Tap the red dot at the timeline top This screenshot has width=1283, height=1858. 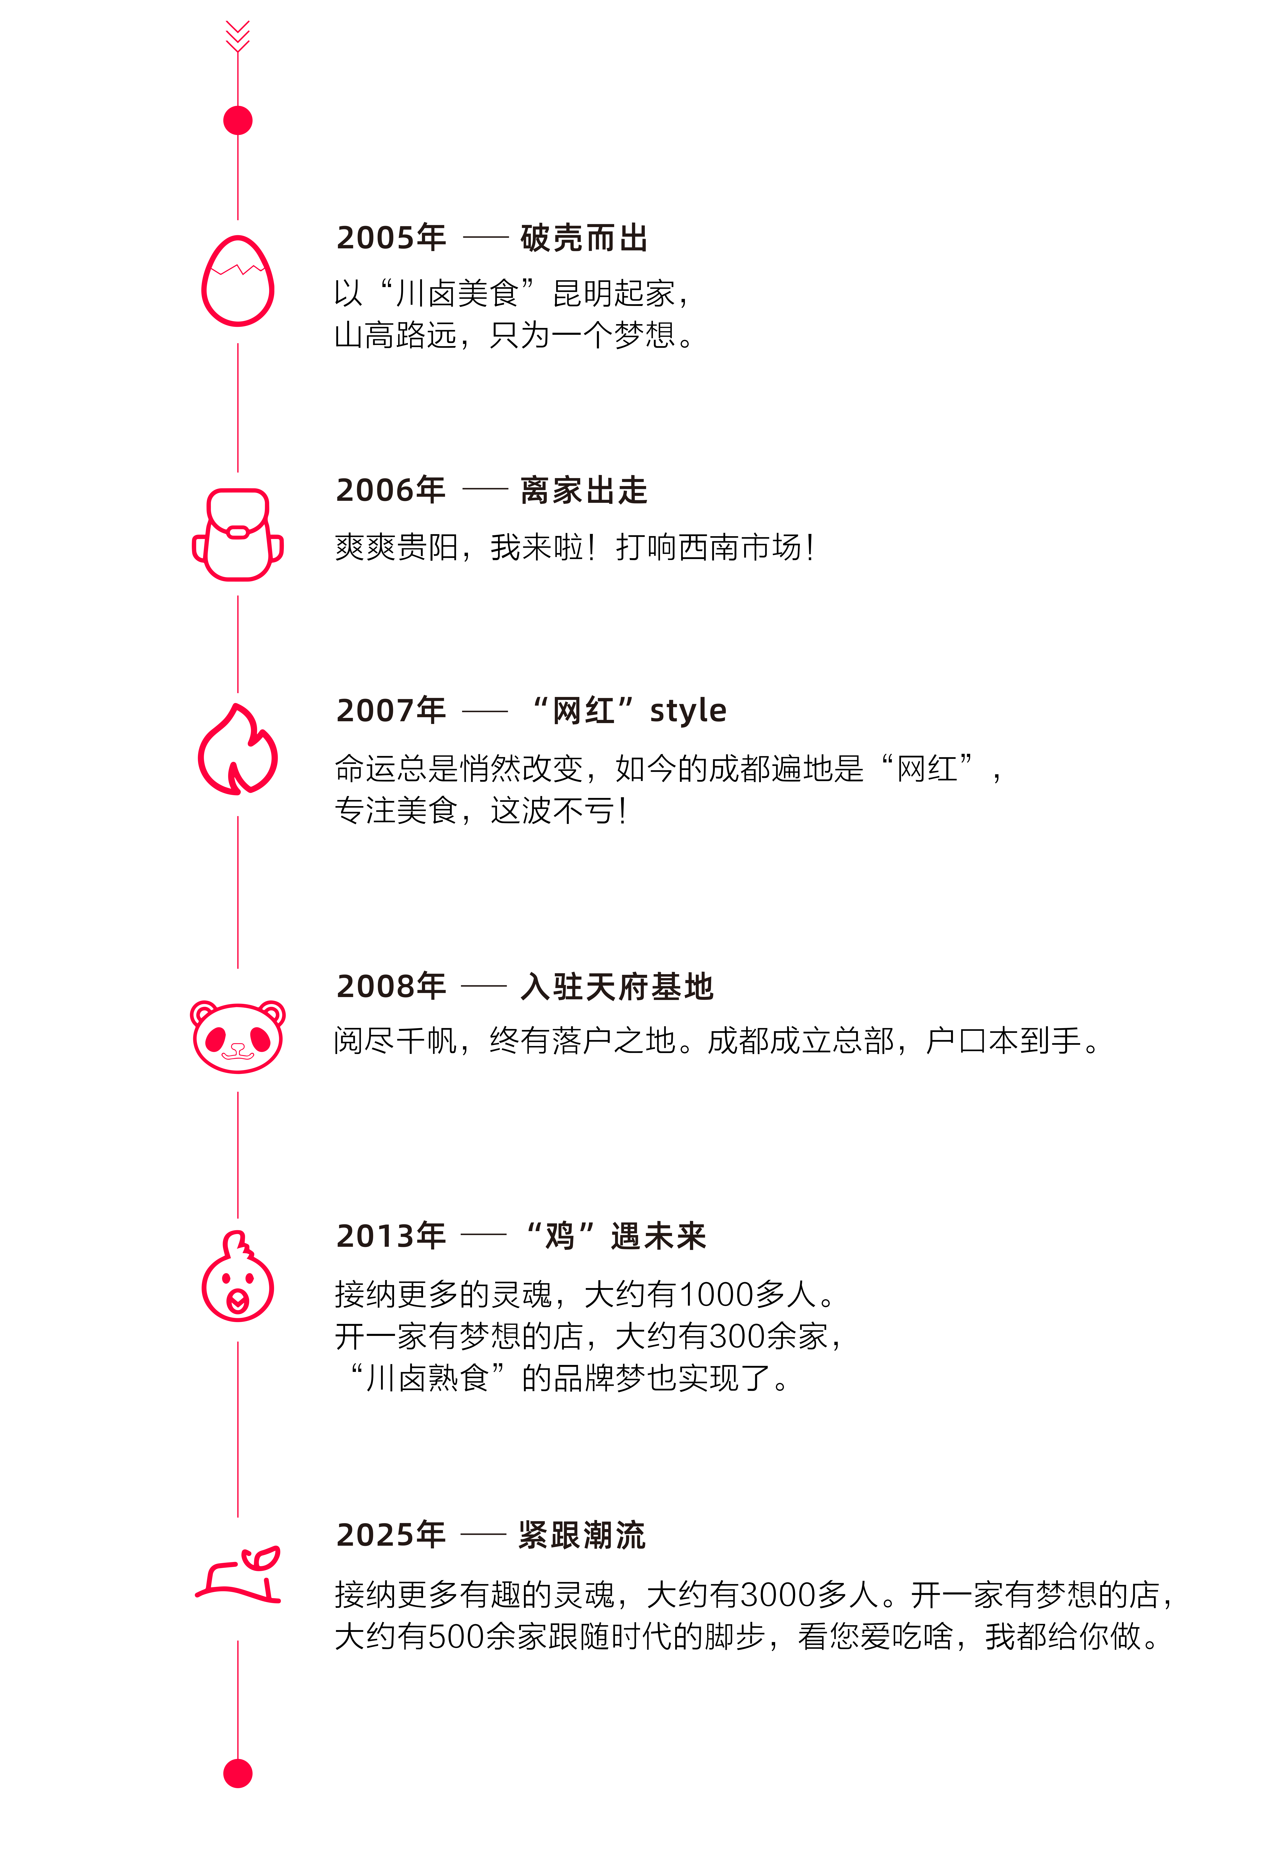click(x=238, y=121)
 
